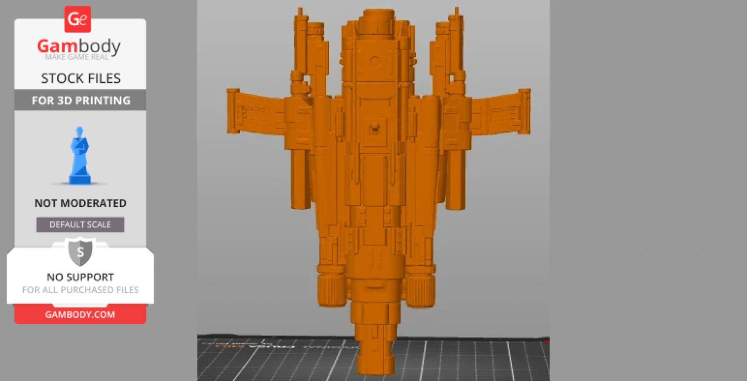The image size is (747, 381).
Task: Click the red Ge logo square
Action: [x=77, y=19]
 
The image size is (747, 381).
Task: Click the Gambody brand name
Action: [x=79, y=46]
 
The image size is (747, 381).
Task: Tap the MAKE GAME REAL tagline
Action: [x=77, y=57]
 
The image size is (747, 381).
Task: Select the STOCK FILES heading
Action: [x=80, y=78]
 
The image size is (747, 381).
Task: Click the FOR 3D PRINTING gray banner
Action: [x=80, y=100]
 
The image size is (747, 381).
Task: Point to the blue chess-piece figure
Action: [x=80, y=156]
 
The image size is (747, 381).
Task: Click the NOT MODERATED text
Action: [x=80, y=203]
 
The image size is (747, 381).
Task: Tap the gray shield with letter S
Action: [x=80, y=252]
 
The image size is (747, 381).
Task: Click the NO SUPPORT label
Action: [x=80, y=277]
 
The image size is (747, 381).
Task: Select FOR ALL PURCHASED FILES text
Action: [x=80, y=290]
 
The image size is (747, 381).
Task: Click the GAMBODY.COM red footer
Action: [x=80, y=315]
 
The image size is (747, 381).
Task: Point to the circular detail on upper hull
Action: [x=375, y=62]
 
